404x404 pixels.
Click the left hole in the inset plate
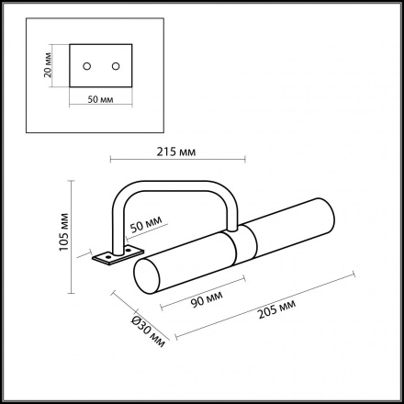[x=87, y=66]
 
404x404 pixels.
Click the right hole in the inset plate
[x=116, y=66]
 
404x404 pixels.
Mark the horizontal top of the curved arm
[x=174, y=183]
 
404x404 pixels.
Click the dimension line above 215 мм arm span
[x=175, y=161]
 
